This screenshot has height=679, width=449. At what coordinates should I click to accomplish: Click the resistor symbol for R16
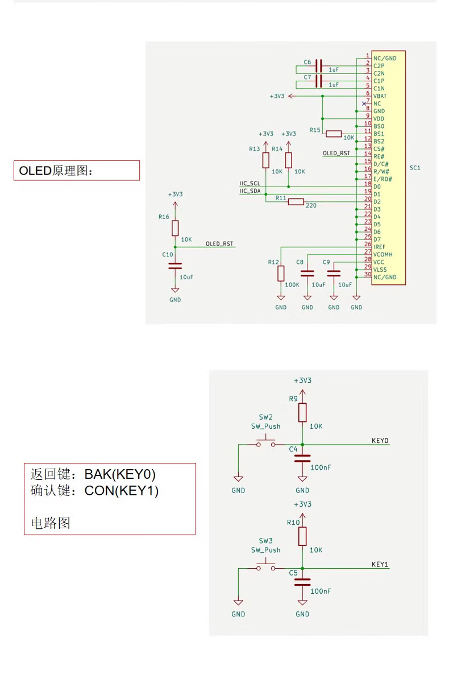pos(175,228)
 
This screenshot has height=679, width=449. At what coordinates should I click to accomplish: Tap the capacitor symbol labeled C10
pos(175,265)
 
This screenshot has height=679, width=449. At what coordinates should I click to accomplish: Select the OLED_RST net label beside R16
pos(219,243)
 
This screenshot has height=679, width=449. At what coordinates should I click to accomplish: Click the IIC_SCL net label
pos(250,184)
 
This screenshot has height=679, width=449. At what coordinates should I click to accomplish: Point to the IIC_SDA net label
pos(250,191)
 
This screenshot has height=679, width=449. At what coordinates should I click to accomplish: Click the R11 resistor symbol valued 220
pos(296,201)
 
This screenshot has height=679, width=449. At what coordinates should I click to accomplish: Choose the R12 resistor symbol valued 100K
pos(281,274)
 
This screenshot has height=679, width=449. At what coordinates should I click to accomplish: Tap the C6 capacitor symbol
pos(319,65)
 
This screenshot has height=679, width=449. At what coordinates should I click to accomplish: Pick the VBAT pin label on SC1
pos(380,96)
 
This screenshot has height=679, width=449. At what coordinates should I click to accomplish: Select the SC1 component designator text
pos(415,168)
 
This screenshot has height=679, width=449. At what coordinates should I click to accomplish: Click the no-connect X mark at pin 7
pos(364,103)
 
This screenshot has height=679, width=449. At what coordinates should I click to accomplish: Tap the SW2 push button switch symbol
pos(265,442)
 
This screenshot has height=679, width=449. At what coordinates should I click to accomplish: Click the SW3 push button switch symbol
pos(265,566)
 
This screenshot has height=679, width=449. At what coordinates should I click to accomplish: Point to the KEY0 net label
pos(380,440)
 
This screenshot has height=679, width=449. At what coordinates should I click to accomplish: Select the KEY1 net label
pos(380,564)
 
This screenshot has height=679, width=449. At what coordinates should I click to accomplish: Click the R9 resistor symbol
pos(302,412)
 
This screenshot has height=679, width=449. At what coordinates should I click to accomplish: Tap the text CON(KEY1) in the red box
pos(122,491)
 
